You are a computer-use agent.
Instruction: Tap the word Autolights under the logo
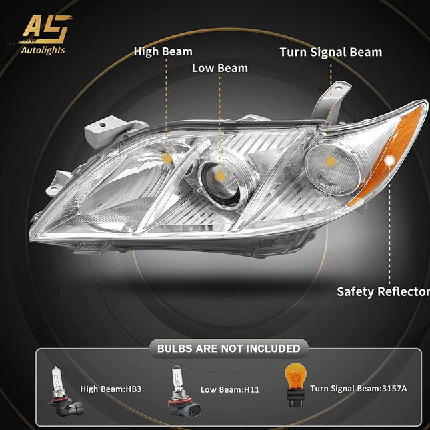43,50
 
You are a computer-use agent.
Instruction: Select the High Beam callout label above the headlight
163,52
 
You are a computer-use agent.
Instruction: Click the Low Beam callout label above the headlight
219,68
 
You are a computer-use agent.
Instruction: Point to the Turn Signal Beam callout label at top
331,53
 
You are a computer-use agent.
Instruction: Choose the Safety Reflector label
383,291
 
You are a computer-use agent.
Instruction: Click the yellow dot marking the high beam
167,159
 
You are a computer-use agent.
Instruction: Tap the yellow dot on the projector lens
219,176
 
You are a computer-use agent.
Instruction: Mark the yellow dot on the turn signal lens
331,161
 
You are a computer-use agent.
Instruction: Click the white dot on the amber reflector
389,161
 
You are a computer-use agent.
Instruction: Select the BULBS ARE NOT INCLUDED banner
229,349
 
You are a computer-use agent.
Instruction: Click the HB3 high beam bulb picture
65,391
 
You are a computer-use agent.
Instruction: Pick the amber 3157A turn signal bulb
295,385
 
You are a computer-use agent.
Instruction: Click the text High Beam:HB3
111,389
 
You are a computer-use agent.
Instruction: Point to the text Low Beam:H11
230,390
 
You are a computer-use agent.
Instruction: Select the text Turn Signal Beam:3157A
359,389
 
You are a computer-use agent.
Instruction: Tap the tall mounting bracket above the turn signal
331,101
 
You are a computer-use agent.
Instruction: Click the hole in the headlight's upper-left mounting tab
103,125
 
